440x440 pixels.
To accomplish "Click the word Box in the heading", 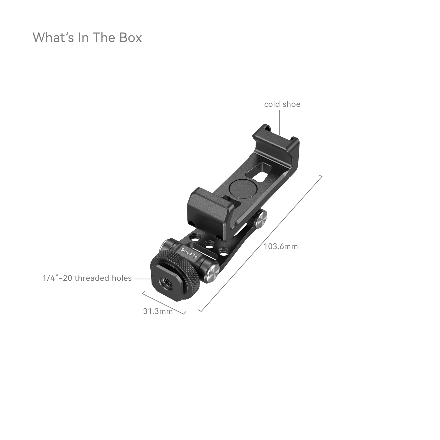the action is (131, 37).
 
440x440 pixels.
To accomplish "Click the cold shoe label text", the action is (282, 104).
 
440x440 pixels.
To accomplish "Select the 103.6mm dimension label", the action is (281, 246).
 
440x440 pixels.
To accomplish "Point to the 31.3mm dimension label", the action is (158, 311).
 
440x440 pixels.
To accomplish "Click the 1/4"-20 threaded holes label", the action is (87, 278).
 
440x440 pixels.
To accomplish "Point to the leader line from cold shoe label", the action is (279, 123).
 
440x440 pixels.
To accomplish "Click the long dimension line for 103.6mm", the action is (260, 243).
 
